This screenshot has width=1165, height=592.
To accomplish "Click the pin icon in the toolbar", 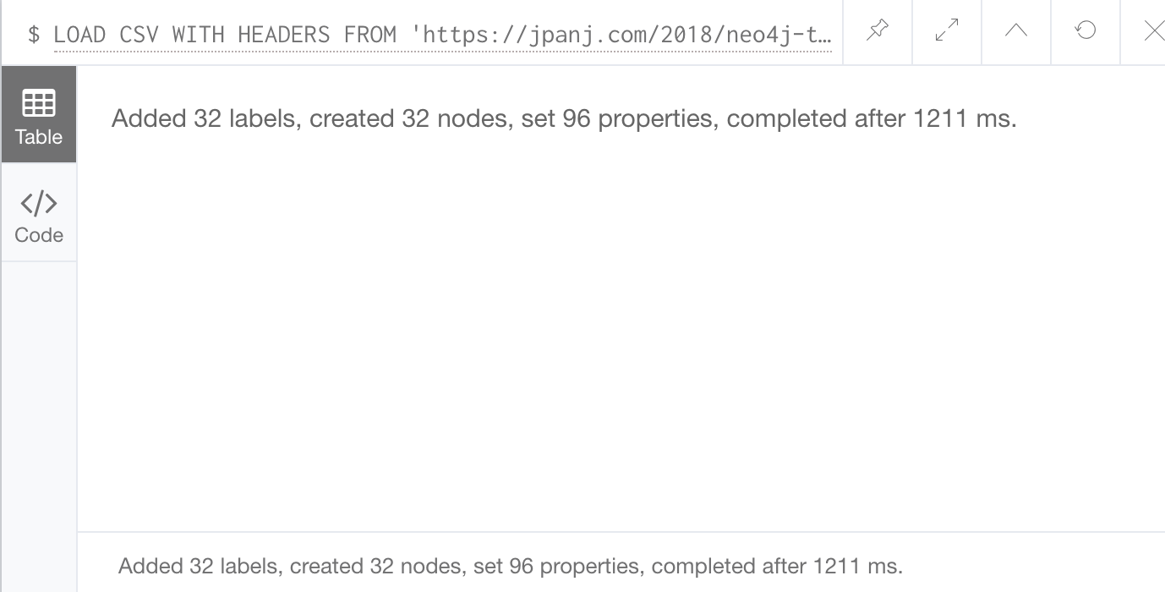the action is click(878, 30).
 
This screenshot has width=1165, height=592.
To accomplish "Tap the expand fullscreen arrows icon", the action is click(947, 30).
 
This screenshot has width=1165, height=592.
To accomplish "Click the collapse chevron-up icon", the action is click(1015, 30).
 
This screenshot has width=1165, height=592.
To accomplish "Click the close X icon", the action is click(1155, 30).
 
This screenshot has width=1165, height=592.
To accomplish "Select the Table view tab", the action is click(39, 114).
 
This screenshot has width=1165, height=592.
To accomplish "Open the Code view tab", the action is click(39, 211).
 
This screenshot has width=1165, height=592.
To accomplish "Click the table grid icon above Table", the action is click(39, 103).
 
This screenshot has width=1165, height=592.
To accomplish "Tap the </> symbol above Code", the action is click(39, 203).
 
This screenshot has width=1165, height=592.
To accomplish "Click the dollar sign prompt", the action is click(34, 35).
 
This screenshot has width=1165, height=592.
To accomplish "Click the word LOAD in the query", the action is click(79, 35).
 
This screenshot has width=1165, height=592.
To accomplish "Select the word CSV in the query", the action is click(139, 35).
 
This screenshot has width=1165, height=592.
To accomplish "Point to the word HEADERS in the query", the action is click(284, 35).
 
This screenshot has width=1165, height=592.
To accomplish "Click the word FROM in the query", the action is click(369, 35).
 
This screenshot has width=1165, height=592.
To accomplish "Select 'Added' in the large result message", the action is click(149, 118).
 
